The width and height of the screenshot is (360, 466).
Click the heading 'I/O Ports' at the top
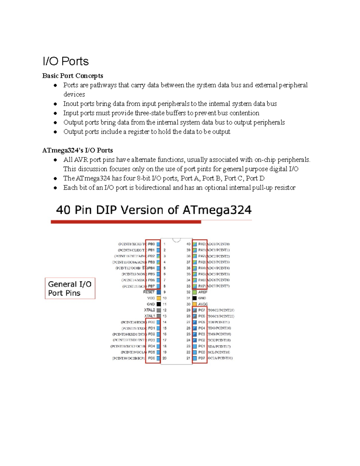(65, 62)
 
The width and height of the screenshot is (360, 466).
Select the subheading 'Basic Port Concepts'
(73, 76)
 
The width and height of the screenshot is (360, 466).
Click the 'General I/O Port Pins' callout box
(70, 288)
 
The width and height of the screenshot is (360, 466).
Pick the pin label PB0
(151, 244)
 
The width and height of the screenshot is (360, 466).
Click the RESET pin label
(149, 292)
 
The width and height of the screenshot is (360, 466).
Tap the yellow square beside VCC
(159, 298)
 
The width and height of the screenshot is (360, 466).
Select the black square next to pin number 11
(159, 304)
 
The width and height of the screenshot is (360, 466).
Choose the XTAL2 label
(149, 310)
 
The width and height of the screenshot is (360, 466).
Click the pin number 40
(188, 244)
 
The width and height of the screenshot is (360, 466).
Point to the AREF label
(203, 292)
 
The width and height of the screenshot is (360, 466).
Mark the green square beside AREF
(194, 292)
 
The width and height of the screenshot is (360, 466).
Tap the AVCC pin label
(203, 304)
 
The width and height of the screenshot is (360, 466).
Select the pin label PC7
(202, 310)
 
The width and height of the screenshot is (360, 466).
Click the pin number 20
(164, 358)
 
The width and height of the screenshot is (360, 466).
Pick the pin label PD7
(202, 358)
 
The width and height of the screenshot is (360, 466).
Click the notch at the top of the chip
(176, 240)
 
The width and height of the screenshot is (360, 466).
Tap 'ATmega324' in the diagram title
(217, 210)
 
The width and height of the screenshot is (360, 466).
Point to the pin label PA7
(202, 286)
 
